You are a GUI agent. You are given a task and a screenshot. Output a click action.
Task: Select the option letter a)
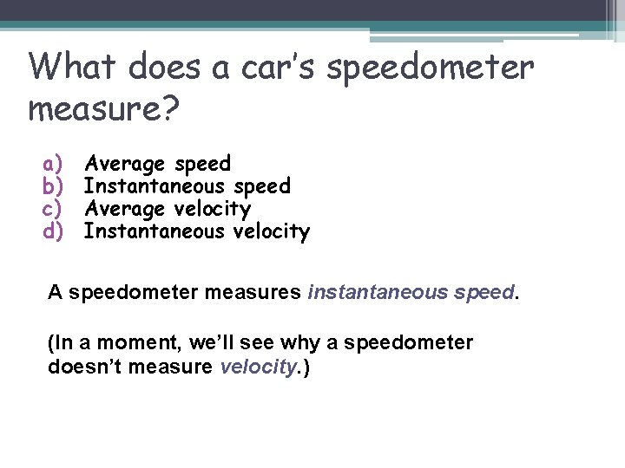(55, 164)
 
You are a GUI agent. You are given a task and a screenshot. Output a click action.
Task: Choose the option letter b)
(55, 186)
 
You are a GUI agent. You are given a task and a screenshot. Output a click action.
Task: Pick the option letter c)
(55, 209)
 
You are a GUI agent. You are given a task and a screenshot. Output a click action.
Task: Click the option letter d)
(55, 231)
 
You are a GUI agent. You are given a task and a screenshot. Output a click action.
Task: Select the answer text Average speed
(157, 164)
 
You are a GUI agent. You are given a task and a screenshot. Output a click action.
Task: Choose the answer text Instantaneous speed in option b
(187, 186)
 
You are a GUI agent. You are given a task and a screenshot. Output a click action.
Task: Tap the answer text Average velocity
(167, 209)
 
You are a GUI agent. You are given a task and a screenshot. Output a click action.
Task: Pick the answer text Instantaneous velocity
(196, 231)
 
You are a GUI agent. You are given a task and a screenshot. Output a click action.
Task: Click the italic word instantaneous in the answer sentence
(378, 292)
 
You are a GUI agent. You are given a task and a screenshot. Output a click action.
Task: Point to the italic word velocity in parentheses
(256, 367)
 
